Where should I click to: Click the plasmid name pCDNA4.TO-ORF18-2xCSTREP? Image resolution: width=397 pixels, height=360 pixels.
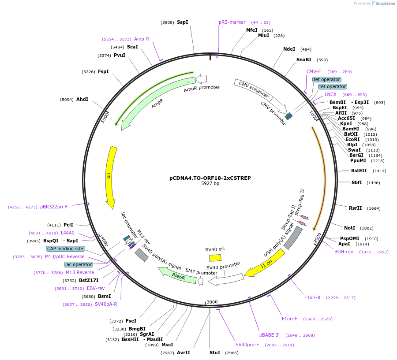click(x=210, y=178)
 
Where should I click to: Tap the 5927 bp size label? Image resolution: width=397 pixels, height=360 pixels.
click(x=210, y=184)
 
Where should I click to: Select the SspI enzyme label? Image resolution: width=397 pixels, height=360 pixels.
click(x=182, y=22)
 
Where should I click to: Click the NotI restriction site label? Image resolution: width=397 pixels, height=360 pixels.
click(x=349, y=228)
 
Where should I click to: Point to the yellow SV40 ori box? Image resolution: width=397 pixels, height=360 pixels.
click(x=215, y=258)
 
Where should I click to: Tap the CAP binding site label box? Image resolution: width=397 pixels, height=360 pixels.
click(x=65, y=249)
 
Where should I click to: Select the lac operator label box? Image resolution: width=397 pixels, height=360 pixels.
click(x=79, y=264)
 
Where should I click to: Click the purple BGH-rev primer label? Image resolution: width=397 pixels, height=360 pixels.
click(x=344, y=252)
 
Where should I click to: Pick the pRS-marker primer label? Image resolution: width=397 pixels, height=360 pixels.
click(x=232, y=22)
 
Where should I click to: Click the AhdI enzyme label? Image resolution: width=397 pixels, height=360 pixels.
click(x=82, y=99)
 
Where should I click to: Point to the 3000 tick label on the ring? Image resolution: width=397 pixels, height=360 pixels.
click(x=212, y=302)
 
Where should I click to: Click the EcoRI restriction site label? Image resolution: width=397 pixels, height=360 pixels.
click(x=352, y=139)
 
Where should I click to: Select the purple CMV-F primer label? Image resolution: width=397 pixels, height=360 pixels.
click(x=314, y=71)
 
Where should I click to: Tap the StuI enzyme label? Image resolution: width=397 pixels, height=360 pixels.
click(x=214, y=353)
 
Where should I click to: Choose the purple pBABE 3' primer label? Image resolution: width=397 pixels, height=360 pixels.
click(x=269, y=335)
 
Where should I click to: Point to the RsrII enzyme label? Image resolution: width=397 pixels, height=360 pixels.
click(x=355, y=208)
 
